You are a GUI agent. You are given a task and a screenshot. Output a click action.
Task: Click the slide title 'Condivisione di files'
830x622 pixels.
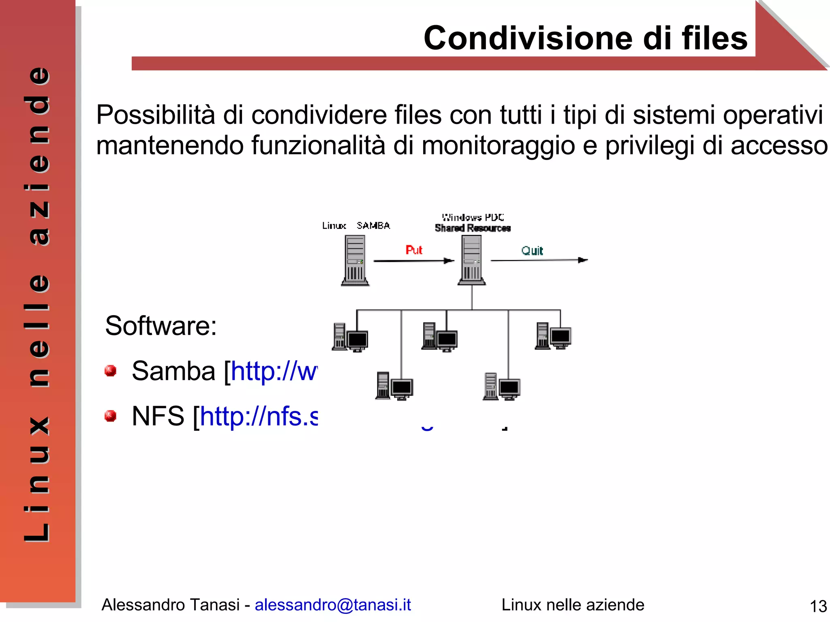(585, 38)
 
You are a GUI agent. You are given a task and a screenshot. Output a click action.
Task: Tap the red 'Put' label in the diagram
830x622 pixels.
(414, 250)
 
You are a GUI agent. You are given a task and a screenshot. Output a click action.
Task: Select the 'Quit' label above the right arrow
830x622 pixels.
(532, 251)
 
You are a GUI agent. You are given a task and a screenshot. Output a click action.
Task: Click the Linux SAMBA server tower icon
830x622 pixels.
(355, 261)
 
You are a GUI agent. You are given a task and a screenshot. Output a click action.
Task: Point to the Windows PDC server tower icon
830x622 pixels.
(472, 260)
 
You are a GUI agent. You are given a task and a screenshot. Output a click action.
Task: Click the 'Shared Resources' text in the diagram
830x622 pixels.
(473, 228)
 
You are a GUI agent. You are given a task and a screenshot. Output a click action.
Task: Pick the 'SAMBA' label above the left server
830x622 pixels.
(373, 226)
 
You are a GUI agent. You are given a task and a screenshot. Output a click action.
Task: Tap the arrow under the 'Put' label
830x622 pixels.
(413, 261)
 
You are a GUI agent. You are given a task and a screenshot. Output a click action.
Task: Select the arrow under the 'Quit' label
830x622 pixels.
(539, 260)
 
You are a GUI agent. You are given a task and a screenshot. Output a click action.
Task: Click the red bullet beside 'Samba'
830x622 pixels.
(110, 371)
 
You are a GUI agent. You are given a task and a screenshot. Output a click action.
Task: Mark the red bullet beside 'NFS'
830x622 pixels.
(110, 416)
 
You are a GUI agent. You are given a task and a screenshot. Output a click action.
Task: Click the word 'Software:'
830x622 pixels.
(161, 326)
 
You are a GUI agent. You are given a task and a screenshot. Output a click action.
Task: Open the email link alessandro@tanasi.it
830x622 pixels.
(333, 605)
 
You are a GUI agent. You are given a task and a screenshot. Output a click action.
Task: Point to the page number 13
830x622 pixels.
(818, 607)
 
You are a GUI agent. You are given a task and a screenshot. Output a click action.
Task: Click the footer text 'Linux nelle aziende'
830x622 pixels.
(573, 605)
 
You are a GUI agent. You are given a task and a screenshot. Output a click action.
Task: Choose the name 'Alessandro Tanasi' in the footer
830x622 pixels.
(171, 605)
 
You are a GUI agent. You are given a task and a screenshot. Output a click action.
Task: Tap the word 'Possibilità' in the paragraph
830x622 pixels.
(156, 115)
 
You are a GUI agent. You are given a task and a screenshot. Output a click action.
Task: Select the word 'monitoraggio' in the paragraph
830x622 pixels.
(498, 145)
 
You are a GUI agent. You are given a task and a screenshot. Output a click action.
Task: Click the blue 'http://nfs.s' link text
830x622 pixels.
(259, 416)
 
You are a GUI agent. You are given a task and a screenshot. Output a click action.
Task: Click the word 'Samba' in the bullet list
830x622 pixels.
(173, 371)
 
